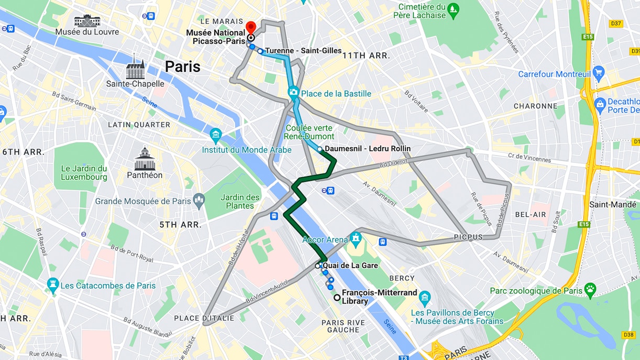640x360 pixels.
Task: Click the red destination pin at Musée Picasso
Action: pos(250,26)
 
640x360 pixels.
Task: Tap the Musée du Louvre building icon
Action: pos(86,21)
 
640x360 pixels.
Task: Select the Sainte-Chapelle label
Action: pos(135,84)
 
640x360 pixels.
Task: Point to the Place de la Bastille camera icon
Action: pos(293,92)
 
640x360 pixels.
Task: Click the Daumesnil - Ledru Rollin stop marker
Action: pos(319,149)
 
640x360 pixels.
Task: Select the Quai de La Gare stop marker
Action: pos(317,266)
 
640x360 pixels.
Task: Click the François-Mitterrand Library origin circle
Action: pos(337,298)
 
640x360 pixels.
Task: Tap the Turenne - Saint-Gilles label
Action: pos(303,51)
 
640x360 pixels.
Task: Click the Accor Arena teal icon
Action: pos(356,237)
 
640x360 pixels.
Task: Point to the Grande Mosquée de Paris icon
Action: pos(198,200)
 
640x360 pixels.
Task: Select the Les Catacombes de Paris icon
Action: pos(52,286)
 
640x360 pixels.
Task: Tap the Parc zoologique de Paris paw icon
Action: pos(590,289)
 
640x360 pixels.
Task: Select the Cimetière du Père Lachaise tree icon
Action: pos(454,9)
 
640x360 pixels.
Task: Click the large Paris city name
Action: pos(183,67)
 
